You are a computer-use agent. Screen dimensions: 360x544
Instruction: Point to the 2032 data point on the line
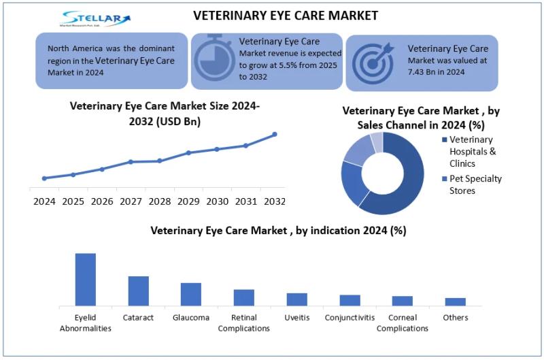click(x=275, y=134)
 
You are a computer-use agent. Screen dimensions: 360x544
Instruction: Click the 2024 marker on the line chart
click(x=44, y=178)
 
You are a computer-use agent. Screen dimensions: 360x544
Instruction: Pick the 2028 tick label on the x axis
click(x=159, y=201)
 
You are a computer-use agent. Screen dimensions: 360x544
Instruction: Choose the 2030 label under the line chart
click(x=217, y=201)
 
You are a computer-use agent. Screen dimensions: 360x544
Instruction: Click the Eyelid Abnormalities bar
click(x=86, y=279)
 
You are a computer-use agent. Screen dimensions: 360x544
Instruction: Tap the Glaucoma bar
click(x=191, y=294)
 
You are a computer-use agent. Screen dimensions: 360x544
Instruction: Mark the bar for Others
click(x=456, y=301)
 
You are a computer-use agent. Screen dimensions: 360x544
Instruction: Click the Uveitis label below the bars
click(x=296, y=318)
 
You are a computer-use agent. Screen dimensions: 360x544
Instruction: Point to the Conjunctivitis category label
click(x=350, y=318)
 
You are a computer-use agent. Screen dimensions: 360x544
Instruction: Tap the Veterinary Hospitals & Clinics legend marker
click(x=445, y=140)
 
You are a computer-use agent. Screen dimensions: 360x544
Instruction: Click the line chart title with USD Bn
click(x=165, y=113)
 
